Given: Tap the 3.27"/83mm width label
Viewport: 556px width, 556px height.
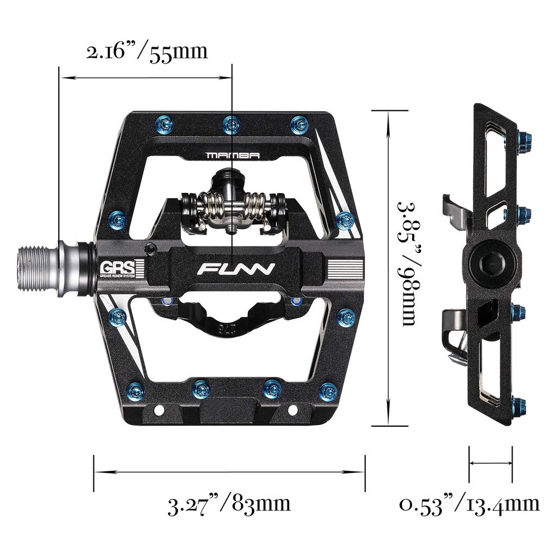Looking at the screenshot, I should tap(229, 504).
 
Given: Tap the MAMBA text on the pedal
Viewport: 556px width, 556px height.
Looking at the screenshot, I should tap(233, 155).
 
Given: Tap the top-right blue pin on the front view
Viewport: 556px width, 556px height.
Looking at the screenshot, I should tap(298, 123).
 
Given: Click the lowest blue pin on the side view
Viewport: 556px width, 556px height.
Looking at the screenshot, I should tap(521, 404).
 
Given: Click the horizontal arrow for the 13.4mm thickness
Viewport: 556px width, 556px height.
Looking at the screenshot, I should tap(490, 463).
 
